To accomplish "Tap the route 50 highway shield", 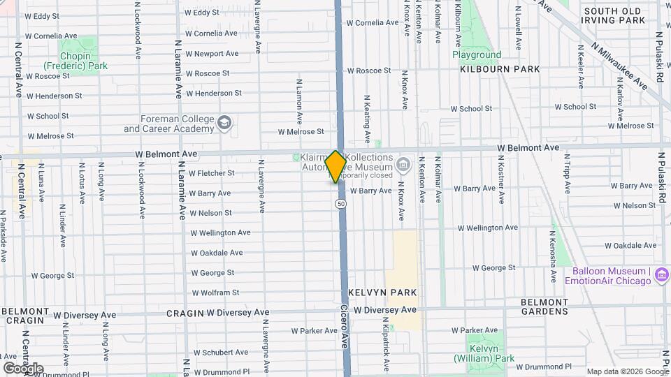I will click(340, 203).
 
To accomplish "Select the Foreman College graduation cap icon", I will click(224, 124).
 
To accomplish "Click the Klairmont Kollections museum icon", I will click(403, 165).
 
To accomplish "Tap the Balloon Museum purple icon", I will click(661, 276).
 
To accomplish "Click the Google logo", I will click(23, 368).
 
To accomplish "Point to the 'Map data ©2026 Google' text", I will click(627, 371).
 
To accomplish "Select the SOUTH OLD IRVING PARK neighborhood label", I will click(614, 16).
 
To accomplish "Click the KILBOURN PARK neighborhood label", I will click(500, 69).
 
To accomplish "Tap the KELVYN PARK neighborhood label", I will click(382, 292).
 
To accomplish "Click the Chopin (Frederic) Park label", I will click(83, 61).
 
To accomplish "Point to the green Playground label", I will click(476, 54).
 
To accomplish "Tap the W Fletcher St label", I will click(211, 173).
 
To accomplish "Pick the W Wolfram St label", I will click(215, 293).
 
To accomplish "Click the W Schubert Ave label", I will click(217, 352).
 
